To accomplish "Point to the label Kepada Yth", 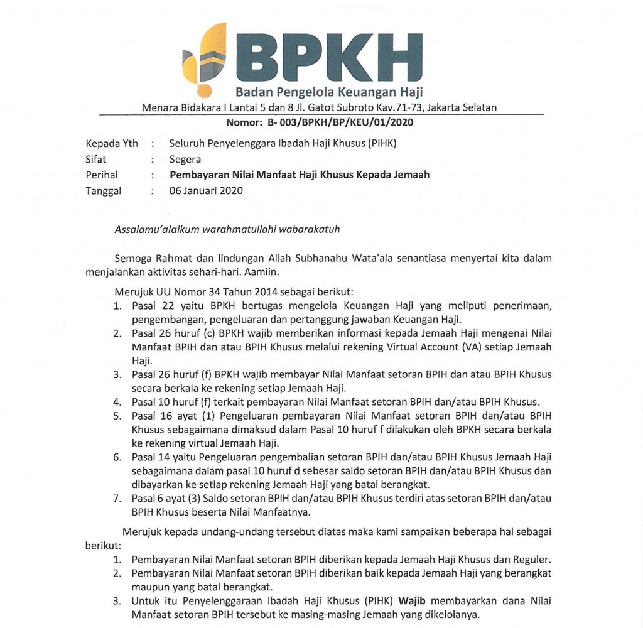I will pos(112,143).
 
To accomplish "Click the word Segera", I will pos(185,160).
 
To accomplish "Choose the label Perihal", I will pos(102,175).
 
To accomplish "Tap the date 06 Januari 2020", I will pos(206,191).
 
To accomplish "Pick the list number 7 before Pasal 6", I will pos(117,499).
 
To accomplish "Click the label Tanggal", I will pos(104,191).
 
